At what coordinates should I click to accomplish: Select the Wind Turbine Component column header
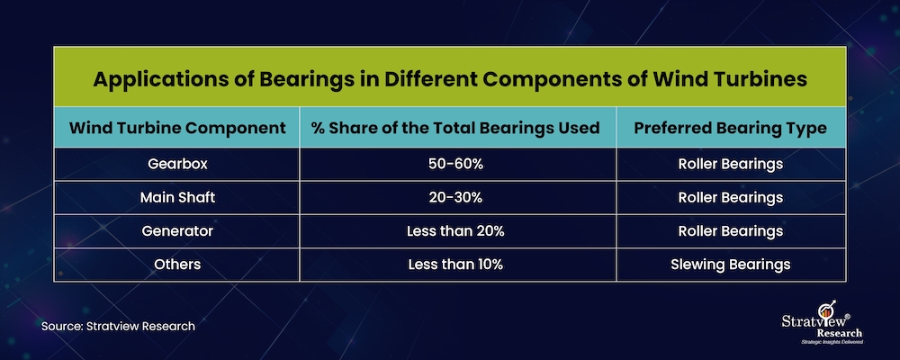(x=177, y=128)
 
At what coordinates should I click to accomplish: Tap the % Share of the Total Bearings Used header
(x=455, y=128)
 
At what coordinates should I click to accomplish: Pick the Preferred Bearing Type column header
(x=730, y=128)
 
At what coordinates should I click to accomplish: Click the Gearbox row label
(x=177, y=164)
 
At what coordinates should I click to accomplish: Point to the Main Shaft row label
(x=177, y=197)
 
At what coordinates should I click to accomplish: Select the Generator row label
(x=177, y=231)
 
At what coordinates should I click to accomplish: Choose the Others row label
(x=177, y=265)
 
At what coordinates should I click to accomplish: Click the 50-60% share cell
(x=455, y=164)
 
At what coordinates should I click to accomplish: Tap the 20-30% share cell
(x=455, y=197)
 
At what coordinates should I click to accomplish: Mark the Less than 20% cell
(x=455, y=231)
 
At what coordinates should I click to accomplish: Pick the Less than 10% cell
(x=455, y=265)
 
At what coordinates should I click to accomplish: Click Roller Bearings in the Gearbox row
(x=730, y=164)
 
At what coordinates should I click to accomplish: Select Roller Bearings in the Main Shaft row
(x=730, y=198)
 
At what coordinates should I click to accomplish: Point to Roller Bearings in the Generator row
(x=730, y=231)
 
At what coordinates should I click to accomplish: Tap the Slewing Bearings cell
(x=730, y=265)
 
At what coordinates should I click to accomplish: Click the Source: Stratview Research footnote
(x=118, y=326)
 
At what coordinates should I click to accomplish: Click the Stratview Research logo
(x=823, y=323)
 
